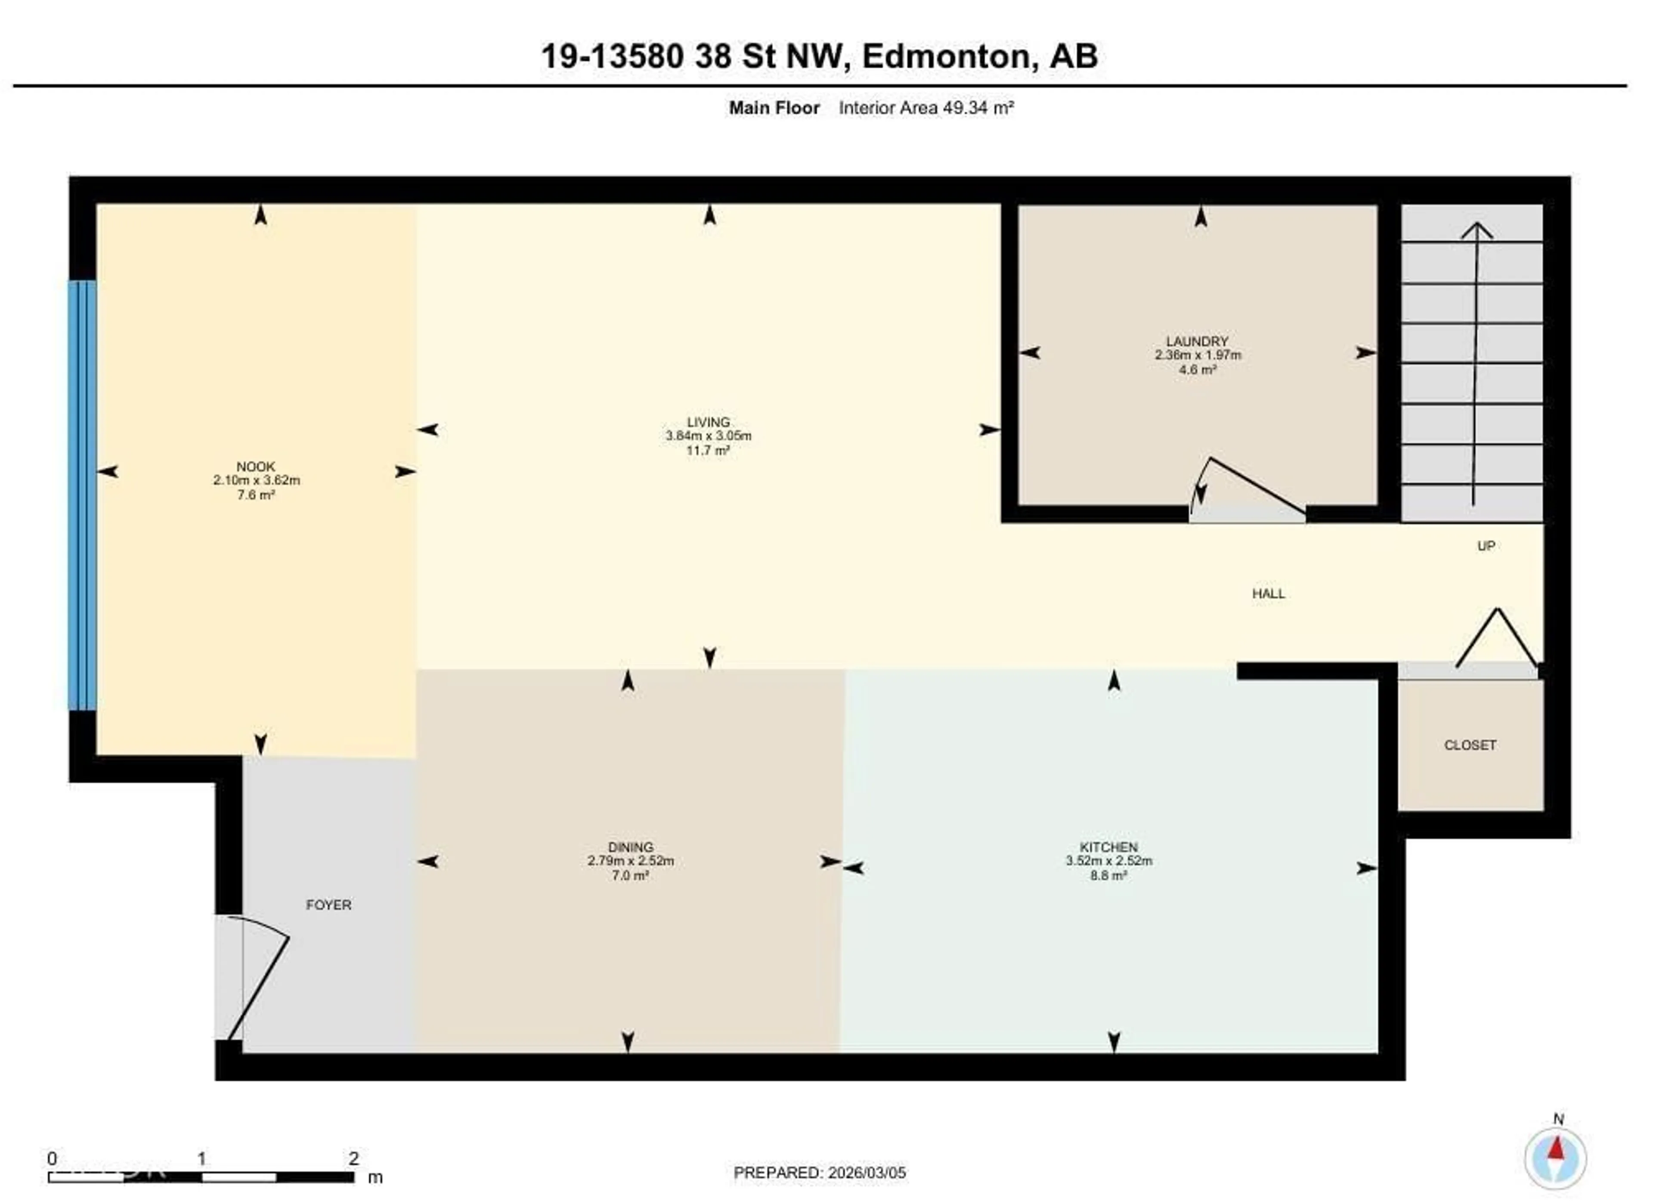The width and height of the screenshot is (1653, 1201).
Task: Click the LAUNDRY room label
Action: coord(1197,341)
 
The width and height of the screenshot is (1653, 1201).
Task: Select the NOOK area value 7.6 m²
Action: coord(256,495)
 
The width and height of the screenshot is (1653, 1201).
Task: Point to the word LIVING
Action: coord(708,421)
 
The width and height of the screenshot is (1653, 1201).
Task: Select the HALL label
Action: coord(1268,594)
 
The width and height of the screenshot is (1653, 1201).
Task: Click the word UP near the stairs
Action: coord(1486,545)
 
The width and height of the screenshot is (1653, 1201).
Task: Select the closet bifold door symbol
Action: coord(1497,638)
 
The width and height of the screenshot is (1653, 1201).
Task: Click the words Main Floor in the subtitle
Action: coord(774,108)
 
